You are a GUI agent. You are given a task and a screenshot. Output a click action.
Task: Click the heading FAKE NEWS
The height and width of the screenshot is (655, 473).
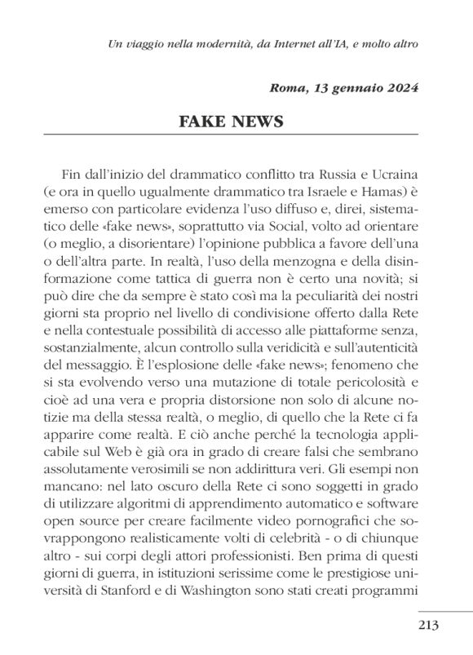pos(231,122)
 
